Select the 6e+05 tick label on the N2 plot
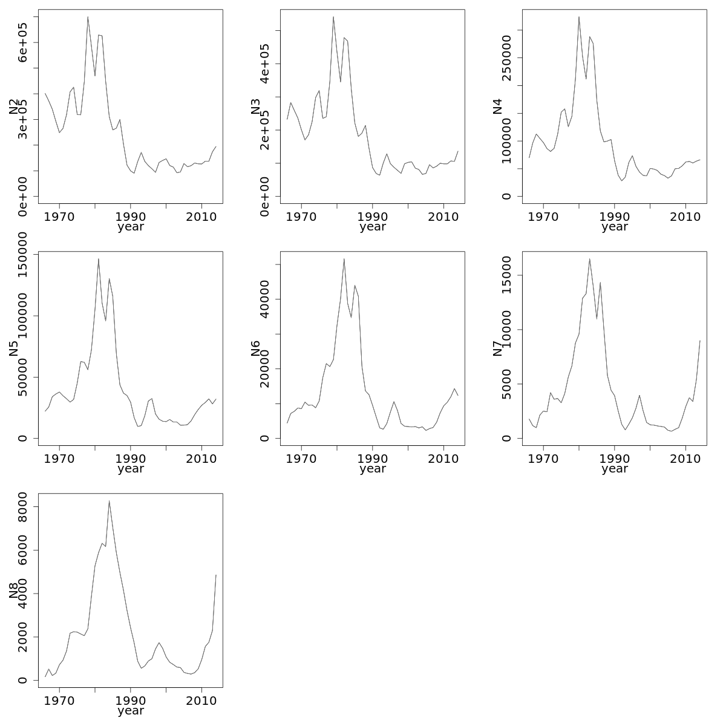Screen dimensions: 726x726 point(23,42)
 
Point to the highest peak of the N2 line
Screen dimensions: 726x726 point(88,17)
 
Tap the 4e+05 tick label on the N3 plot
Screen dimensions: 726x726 point(265,64)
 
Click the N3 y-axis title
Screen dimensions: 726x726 point(256,106)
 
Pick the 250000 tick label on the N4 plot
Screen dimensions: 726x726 point(507,57)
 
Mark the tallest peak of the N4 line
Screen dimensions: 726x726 point(578,17)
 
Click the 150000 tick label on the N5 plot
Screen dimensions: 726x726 point(23,254)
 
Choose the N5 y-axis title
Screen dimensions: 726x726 point(14,348)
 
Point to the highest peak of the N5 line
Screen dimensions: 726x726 point(99,259)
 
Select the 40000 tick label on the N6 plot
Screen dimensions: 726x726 point(265,299)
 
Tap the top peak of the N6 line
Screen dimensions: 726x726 point(344,259)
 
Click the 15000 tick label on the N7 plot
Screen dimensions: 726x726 point(507,275)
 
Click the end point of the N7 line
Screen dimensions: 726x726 point(700,341)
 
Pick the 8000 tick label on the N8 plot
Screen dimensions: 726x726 point(23,507)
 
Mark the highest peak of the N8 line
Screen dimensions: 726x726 point(109,501)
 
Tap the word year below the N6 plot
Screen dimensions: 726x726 point(372,469)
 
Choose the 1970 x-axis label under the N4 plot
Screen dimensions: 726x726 point(543,217)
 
